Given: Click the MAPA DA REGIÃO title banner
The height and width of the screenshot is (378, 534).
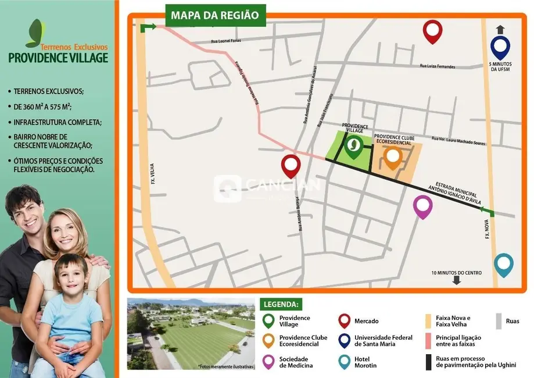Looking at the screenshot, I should [215, 15].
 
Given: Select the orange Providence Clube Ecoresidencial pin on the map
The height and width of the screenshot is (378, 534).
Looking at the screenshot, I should [393, 157].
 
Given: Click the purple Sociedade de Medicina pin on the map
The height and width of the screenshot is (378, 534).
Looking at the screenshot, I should [422, 206].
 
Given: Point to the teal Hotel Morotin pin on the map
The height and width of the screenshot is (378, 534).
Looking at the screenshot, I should [504, 264].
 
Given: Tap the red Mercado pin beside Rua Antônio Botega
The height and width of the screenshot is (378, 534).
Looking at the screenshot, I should [291, 165].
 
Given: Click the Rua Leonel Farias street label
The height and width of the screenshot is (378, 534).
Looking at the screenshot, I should [225, 41].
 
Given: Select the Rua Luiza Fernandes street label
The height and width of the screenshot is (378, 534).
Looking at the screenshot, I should [445, 66].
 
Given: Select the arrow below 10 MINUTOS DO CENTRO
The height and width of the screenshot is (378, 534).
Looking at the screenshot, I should [457, 280].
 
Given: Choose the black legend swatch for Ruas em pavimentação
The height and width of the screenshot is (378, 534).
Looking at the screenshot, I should [428, 362].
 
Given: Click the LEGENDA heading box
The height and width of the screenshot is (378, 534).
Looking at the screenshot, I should [282, 304].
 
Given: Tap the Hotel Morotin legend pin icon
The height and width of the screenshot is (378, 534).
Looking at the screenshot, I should [343, 362].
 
